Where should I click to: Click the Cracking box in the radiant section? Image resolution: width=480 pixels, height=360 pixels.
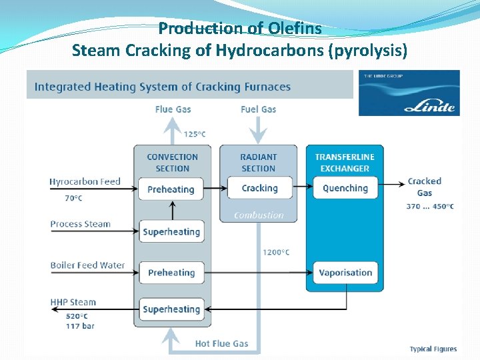click(x=259, y=189)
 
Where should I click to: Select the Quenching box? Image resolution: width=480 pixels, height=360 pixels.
click(x=345, y=189)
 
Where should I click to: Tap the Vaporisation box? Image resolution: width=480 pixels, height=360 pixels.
click(x=345, y=273)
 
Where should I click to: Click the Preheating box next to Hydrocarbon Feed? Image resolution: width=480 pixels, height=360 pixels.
click(x=171, y=189)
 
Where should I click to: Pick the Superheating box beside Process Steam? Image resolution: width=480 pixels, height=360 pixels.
click(x=171, y=232)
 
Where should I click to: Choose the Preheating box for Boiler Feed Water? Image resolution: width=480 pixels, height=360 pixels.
click(x=171, y=273)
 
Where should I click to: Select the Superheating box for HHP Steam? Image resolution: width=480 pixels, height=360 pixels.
click(x=171, y=309)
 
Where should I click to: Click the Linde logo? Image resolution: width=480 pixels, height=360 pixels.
click(x=409, y=93)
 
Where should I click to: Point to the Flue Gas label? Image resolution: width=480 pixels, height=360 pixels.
click(x=173, y=109)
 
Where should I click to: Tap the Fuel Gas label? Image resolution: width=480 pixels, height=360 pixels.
click(x=258, y=109)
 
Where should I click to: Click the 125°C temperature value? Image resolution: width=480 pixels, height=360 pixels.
click(x=195, y=135)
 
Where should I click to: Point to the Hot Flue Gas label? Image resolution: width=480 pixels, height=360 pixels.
click(x=221, y=344)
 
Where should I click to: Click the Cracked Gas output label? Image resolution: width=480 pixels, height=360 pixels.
click(x=425, y=187)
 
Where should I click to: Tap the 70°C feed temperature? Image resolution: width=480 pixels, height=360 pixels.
click(x=73, y=198)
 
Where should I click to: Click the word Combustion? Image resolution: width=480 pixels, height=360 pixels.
click(x=259, y=215)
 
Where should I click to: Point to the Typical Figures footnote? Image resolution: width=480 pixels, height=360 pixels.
click(x=433, y=349)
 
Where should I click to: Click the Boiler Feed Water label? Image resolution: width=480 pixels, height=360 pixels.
click(x=87, y=265)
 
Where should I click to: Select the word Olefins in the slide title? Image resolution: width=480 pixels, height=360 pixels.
click(x=295, y=29)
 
